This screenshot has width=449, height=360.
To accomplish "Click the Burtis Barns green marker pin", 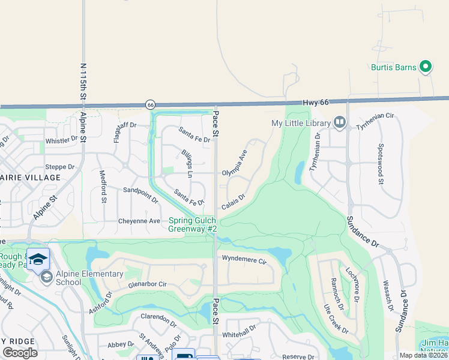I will [x=426, y=67].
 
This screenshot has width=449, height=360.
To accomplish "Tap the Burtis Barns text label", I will [x=393, y=67].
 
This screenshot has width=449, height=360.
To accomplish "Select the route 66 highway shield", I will [x=149, y=104].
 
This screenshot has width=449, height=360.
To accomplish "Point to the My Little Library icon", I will [x=340, y=123].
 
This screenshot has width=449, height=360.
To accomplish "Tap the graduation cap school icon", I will [x=38, y=259].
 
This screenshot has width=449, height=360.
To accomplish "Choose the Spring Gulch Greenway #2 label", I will [x=192, y=224].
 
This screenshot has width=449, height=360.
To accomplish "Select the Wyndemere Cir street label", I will [x=244, y=260].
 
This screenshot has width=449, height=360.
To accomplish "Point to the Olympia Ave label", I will [x=235, y=163].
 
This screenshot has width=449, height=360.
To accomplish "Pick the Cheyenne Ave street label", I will [x=139, y=221].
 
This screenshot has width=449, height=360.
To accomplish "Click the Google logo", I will [x=20, y=353].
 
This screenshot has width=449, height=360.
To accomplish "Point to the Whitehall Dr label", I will [x=239, y=329].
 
